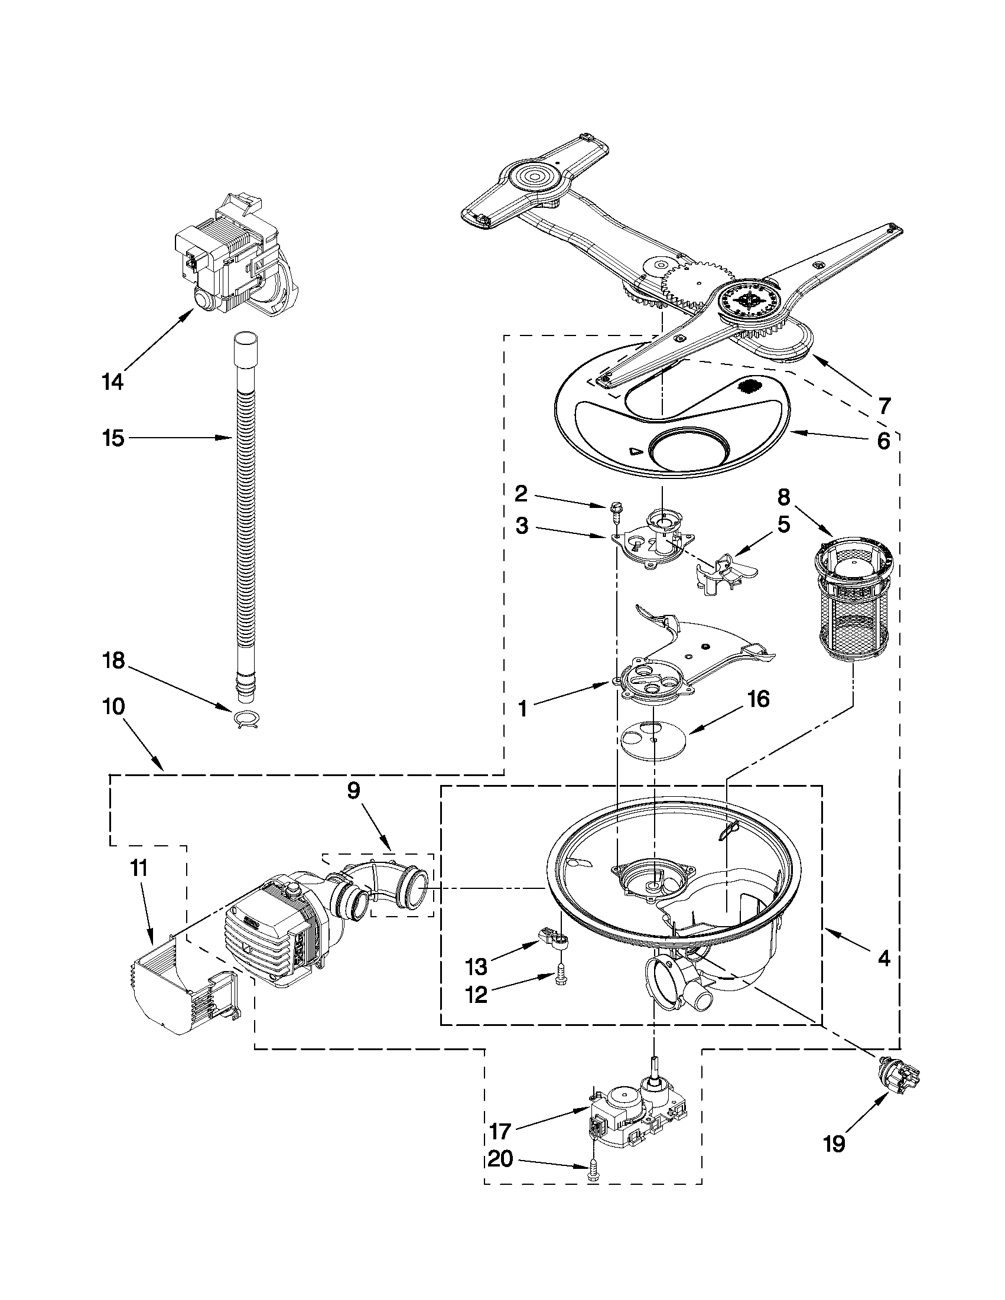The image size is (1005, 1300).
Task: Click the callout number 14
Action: [x=112, y=381]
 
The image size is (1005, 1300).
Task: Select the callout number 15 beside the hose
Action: [x=112, y=438]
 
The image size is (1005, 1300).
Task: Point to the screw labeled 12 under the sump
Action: [x=560, y=978]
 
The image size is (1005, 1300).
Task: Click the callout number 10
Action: [x=112, y=706]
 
